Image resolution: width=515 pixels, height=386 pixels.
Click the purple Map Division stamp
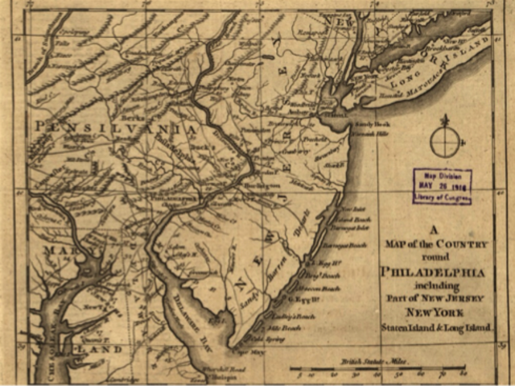(442, 186)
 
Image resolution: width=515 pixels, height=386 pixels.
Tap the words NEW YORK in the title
(435, 312)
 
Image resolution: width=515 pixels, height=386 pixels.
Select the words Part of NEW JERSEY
(435, 299)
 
